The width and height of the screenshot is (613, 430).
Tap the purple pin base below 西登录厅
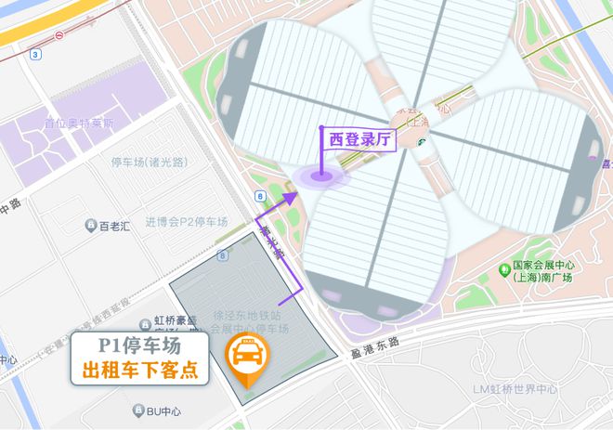[321, 176]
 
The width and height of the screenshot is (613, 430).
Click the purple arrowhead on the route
[290, 197]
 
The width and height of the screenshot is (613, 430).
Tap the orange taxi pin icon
[248, 358]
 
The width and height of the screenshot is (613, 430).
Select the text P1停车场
[139, 345]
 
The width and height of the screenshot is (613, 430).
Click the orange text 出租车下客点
[139, 370]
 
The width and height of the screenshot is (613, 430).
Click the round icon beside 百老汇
[90, 226]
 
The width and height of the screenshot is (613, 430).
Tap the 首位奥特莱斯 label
[79, 123]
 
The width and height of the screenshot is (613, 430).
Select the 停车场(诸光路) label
[149, 162]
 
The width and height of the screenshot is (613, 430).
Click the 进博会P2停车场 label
[186, 222]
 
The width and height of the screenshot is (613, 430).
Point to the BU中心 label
[163, 410]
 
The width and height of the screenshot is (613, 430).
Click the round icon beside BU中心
[138, 410]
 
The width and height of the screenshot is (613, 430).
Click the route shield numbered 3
[34, 54]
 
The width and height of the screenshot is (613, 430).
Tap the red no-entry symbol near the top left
[59, 35]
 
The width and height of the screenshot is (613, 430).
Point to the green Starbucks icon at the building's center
[423, 142]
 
